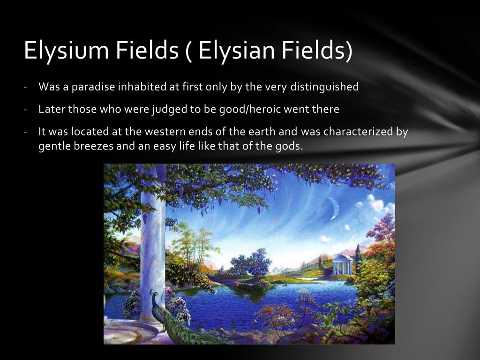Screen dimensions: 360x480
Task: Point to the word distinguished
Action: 324,87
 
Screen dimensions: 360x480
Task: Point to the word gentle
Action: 52,146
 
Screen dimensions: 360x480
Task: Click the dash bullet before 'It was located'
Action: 27,132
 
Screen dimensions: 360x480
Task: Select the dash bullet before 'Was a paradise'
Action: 27,87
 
